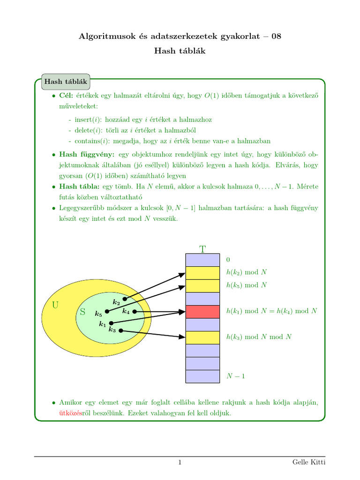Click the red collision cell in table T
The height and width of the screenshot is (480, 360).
coord(202,311)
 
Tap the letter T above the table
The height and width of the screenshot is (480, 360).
coord(202,249)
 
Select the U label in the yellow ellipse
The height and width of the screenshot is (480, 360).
coord(55,306)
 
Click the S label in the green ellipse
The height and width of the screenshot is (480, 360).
coord(82,311)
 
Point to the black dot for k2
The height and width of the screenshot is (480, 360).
coord(125,299)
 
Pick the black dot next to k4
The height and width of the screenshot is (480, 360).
coord(134,311)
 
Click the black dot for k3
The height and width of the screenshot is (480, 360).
coord(121,330)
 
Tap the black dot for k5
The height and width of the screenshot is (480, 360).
coord(107,311)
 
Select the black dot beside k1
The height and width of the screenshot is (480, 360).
coord(111,323)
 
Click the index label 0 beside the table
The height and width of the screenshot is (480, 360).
coord(228,259)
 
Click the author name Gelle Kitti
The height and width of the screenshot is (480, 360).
coord(308,463)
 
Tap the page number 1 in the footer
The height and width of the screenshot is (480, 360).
coord(180,463)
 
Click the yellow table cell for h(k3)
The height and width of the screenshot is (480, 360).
coord(202,337)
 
